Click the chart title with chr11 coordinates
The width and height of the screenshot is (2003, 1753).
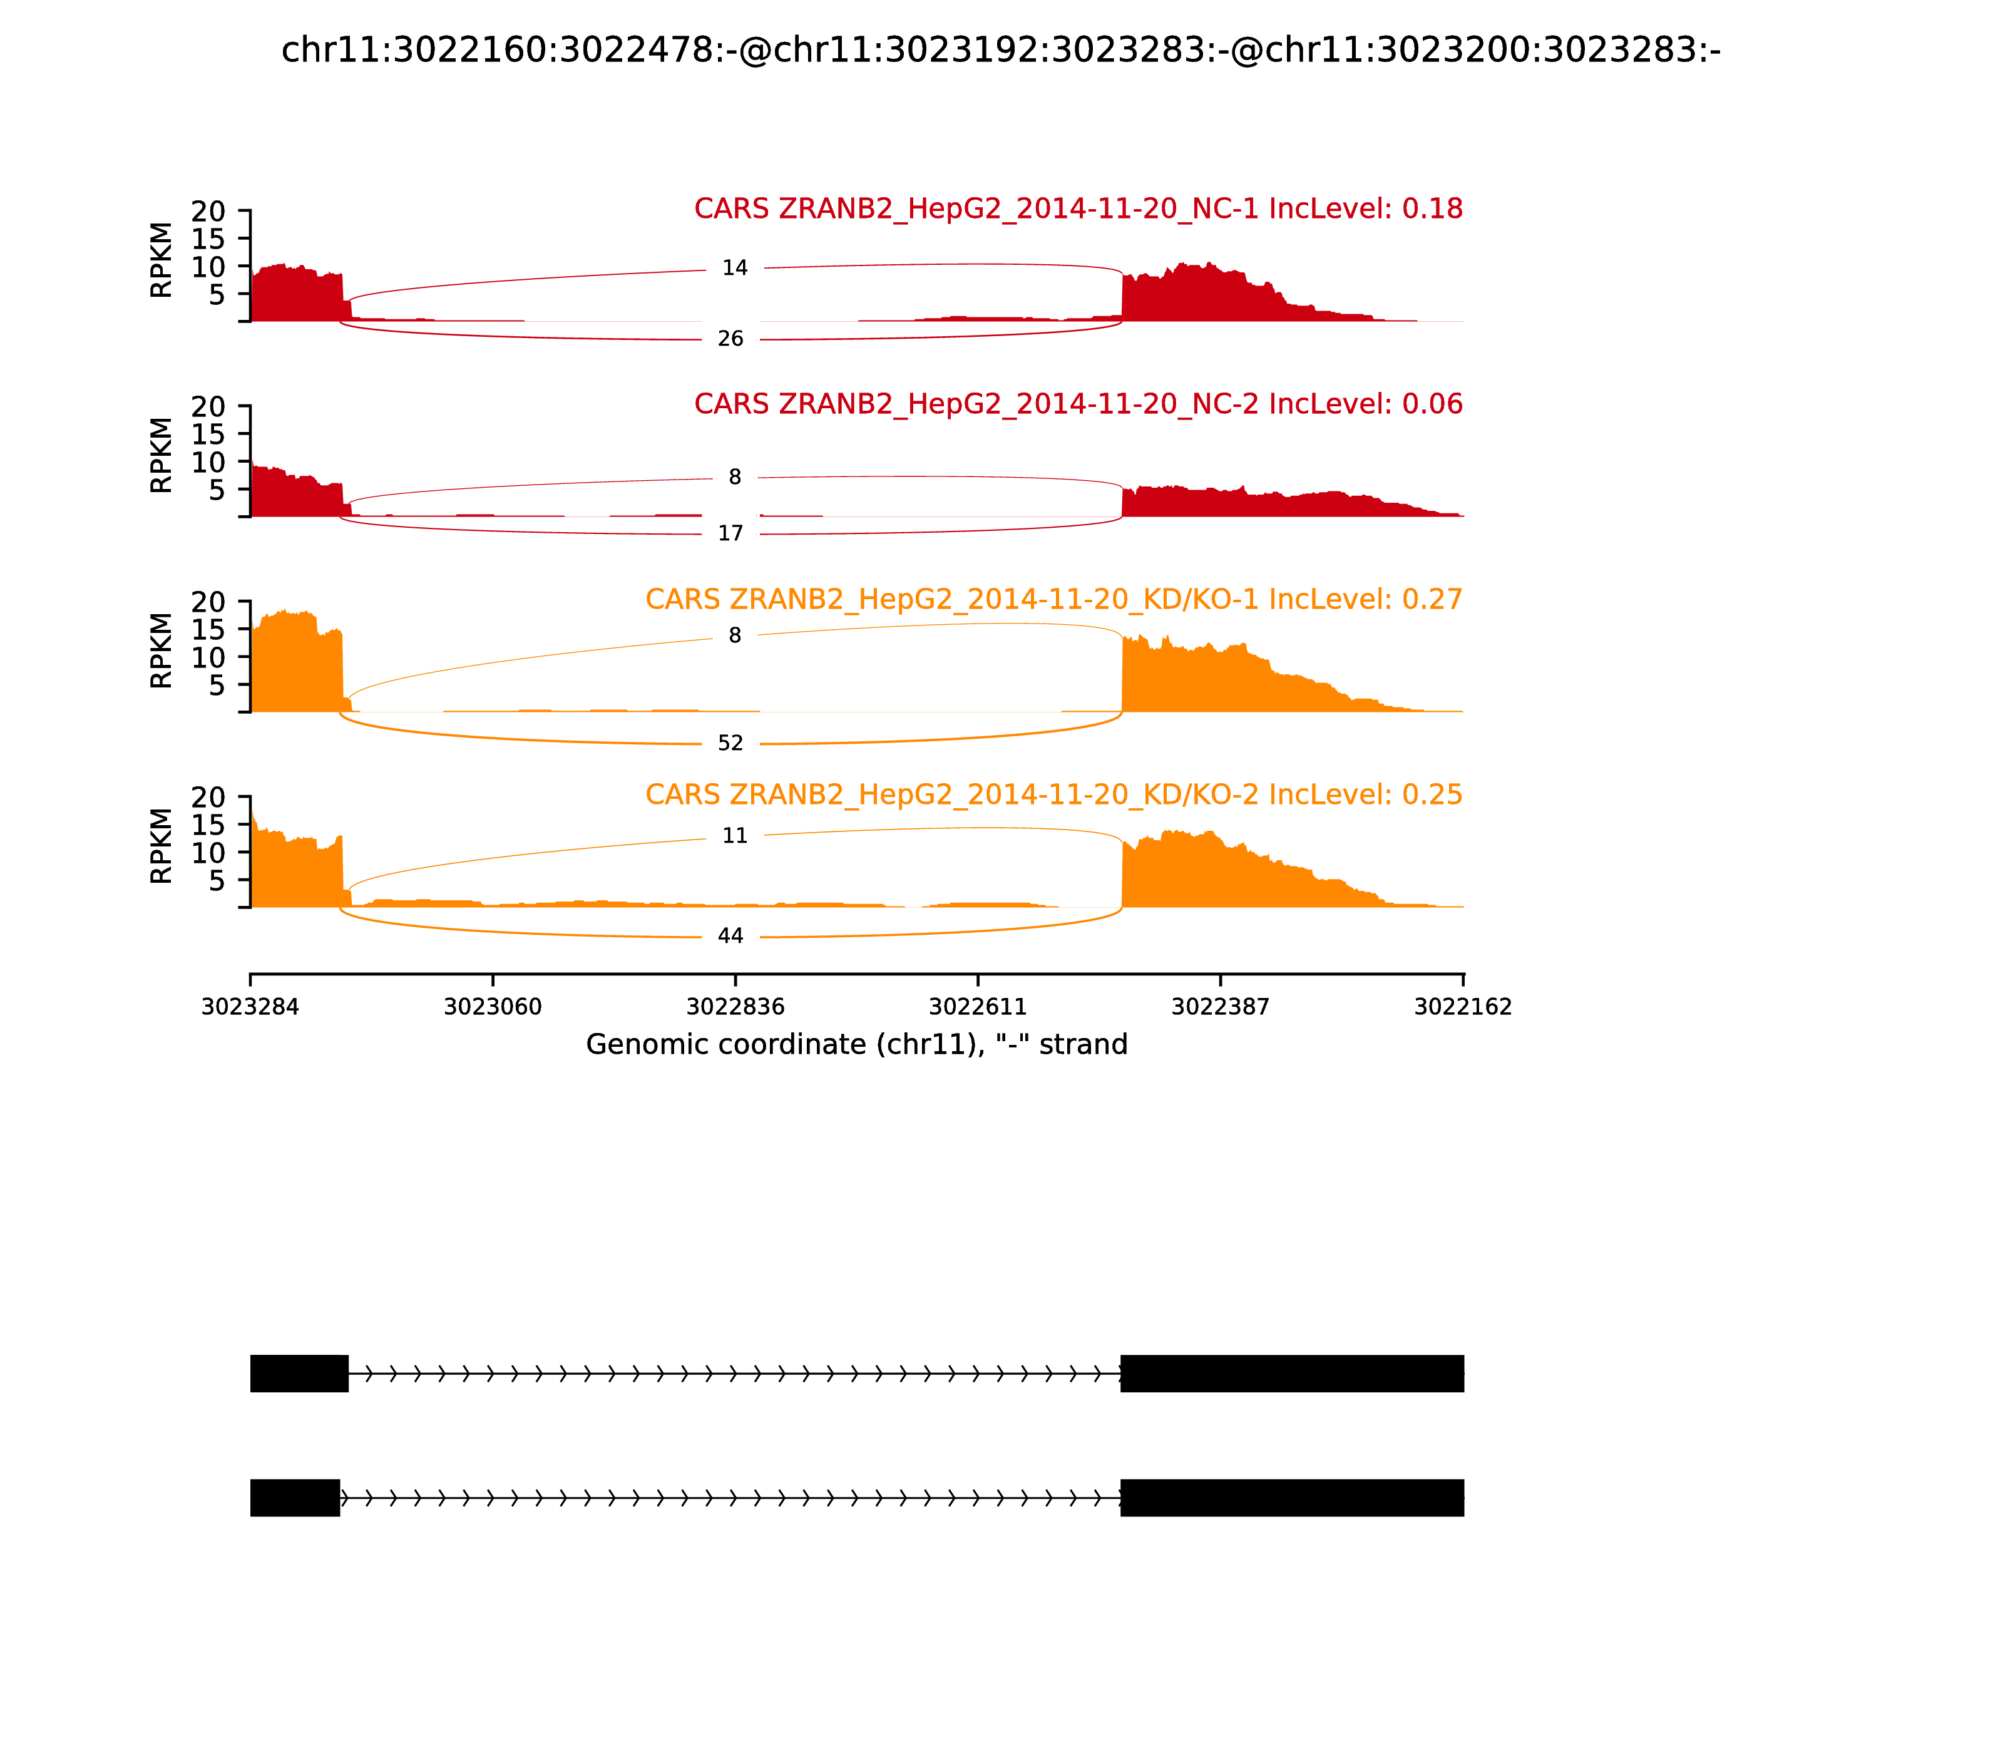click(x=1000, y=51)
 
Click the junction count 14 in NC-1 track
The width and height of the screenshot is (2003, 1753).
click(x=734, y=268)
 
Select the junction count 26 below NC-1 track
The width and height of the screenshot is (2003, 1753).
click(x=730, y=339)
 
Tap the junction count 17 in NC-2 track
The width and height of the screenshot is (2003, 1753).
click(x=730, y=534)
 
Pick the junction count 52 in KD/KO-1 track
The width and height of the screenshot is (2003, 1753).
click(x=730, y=744)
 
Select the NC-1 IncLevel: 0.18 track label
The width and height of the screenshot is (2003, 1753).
click(x=1078, y=209)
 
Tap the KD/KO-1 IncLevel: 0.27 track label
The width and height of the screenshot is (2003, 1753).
click(x=1053, y=600)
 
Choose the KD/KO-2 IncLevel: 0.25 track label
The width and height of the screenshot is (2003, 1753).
click(x=1053, y=794)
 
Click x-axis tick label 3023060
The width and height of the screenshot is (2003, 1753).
click(x=493, y=1007)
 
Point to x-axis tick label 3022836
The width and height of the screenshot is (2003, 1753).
click(x=735, y=1007)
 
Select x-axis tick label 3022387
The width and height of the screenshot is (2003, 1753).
click(x=1221, y=1007)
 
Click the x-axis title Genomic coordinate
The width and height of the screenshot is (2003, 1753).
click(x=857, y=1045)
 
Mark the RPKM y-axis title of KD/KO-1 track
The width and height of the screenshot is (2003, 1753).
click(x=161, y=650)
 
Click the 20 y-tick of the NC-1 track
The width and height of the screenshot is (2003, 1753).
click(x=208, y=212)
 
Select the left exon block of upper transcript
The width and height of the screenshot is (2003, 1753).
click(x=299, y=1374)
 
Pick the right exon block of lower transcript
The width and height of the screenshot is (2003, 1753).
click(x=1292, y=1498)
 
